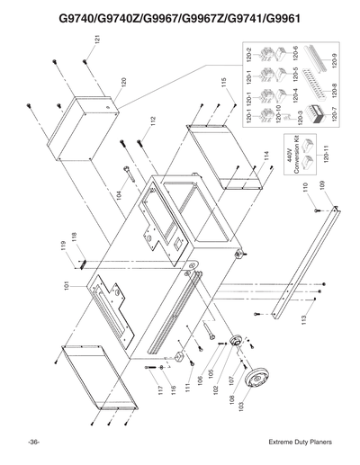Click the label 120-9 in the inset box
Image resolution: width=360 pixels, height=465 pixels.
pyautogui.click(x=333, y=62)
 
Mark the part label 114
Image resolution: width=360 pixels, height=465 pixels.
pyautogui.click(x=267, y=156)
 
